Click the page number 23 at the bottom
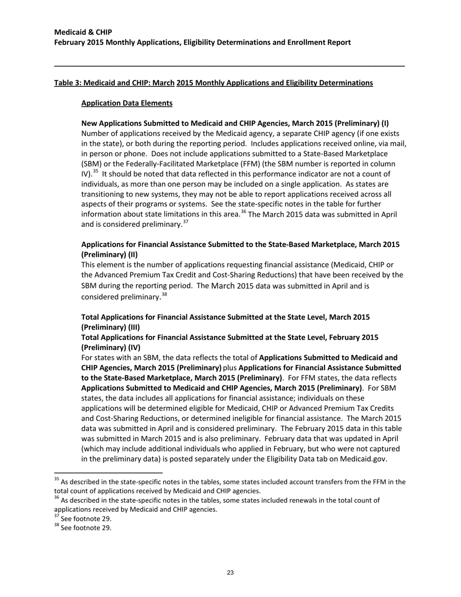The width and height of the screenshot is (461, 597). click(230, 573)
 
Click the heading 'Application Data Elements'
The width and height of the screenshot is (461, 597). click(127, 103)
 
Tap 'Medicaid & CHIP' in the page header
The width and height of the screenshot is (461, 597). click(83, 32)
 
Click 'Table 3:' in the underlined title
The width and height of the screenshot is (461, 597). click(67, 83)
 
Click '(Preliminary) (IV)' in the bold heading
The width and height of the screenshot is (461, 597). click(111, 348)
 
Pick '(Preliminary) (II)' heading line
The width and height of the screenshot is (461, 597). click(110, 254)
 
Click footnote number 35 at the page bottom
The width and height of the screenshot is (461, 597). click(56, 480)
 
